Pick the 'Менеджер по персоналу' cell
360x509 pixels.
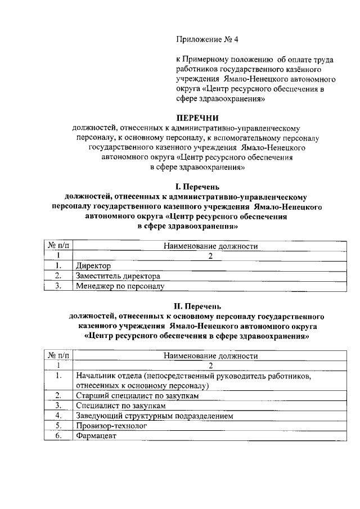click(119, 286)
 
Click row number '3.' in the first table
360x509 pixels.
click(58, 286)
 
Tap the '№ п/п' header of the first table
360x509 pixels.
click(58, 246)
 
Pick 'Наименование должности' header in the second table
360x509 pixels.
click(210, 356)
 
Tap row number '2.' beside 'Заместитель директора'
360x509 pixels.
click(58, 276)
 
